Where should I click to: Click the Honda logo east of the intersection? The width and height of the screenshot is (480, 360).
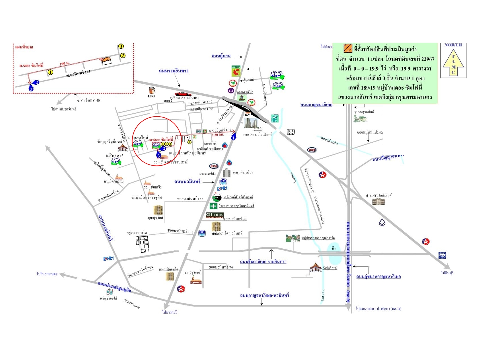291,132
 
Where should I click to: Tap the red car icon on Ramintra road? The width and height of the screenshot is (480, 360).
183,94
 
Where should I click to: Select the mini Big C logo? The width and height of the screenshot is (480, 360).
236,71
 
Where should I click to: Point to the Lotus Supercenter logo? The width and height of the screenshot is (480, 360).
215,215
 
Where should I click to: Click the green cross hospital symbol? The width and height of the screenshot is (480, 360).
213,206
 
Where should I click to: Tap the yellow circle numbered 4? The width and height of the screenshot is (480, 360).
189,142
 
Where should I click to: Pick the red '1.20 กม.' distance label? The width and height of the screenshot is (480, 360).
218,135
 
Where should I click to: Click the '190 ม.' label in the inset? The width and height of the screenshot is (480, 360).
65,63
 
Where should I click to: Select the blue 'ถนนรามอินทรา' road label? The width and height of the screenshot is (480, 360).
174,71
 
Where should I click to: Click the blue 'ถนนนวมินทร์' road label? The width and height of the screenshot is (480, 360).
187,182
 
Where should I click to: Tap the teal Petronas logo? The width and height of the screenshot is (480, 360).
274,118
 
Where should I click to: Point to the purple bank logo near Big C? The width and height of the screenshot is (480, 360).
231,90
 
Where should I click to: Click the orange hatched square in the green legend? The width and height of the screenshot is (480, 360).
348,48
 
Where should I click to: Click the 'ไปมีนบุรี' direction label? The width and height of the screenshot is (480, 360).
447,273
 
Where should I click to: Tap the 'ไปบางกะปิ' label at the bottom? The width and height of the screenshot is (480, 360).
170,312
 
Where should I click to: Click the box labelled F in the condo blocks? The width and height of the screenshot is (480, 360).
137,241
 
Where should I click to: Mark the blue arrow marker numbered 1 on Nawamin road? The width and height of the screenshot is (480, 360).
234,136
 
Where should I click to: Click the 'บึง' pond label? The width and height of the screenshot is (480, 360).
333,248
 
